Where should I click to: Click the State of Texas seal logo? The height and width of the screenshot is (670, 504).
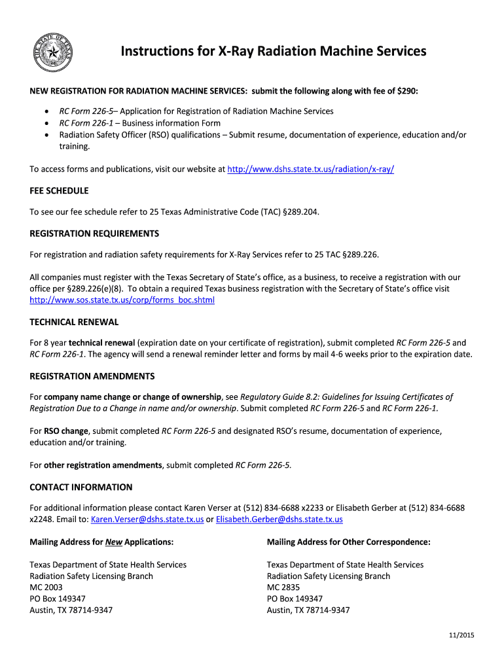[x=55, y=53]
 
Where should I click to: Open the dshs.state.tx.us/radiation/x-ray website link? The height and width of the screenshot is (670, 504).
[x=310, y=169]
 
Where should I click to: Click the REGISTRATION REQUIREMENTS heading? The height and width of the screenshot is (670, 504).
[x=94, y=234]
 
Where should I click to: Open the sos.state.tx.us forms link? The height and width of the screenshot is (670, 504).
[x=122, y=300]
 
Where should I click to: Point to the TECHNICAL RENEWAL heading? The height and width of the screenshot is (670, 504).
[x=75, y=323]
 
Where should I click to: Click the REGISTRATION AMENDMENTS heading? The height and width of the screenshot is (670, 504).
[x=92, y=376]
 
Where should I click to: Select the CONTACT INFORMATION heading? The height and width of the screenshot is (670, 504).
[x=81, y=487]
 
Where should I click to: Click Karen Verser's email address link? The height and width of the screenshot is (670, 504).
[x=147, y=520]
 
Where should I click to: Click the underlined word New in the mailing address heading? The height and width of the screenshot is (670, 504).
[x=114, y=542]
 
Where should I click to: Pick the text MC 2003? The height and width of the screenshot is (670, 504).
[x=46, y=588]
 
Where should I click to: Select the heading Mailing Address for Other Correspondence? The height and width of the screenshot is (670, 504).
[x=349, y=542]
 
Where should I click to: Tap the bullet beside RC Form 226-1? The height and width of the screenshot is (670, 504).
[x=46, y=123]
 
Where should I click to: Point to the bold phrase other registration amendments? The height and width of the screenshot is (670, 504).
[x=103, y=465]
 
